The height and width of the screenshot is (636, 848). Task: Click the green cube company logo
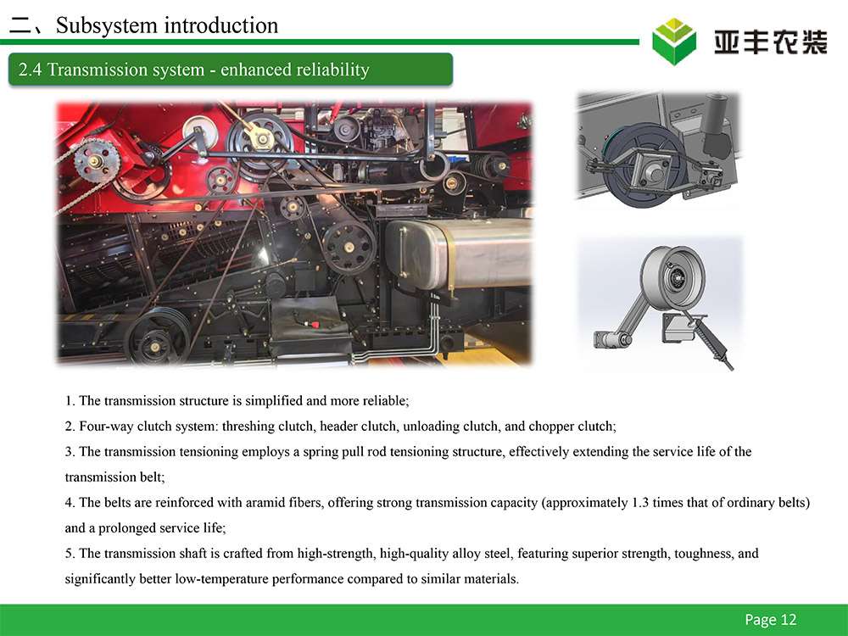pos(674,42)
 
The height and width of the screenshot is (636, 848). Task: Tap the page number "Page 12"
pos(770,619)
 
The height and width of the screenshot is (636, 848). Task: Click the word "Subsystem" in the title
pos(106,25)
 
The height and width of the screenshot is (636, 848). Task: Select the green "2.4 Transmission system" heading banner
pos(231,70)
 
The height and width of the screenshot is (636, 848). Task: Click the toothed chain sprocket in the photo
pos(97,159)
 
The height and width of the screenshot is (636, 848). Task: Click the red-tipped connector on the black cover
pos(311,324)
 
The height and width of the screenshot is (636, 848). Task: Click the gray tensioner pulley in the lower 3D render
pos(672,277)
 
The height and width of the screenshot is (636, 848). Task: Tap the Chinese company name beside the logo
pos(771,42)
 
